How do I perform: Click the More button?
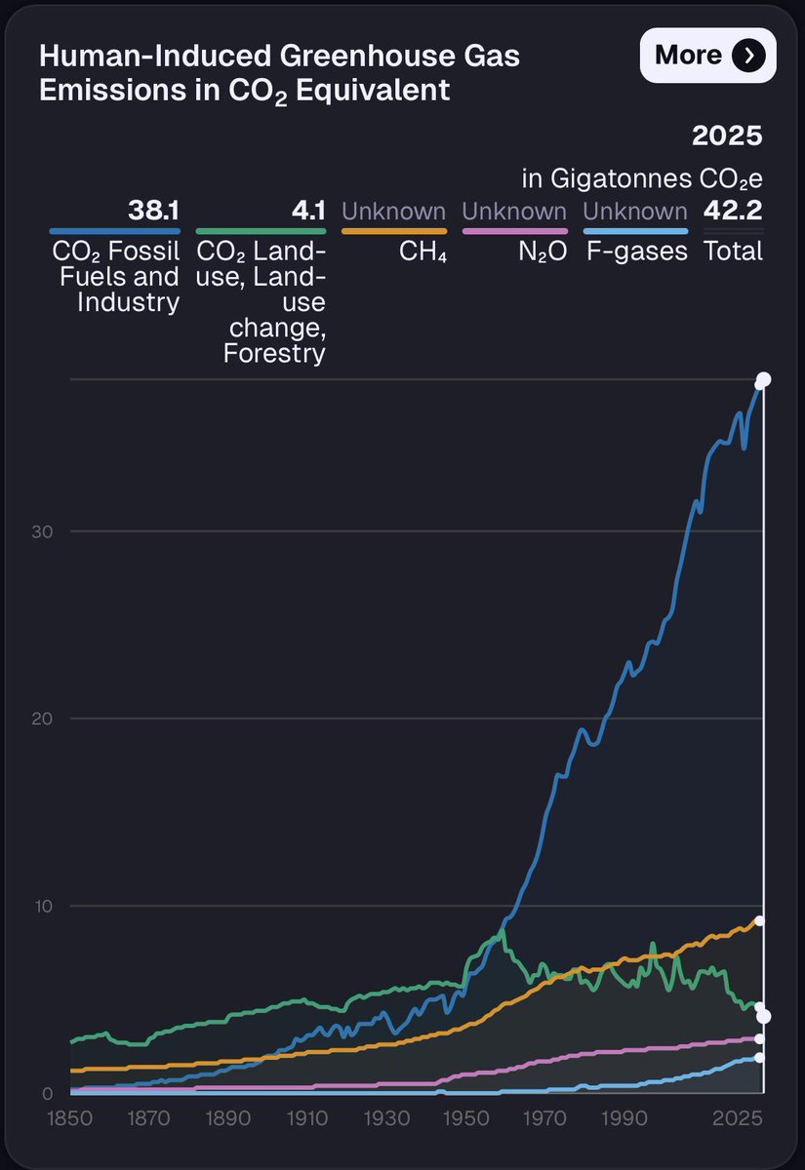coord(707,56)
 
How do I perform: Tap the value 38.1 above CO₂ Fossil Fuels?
coord(153,211)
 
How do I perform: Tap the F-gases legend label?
coord(636,252)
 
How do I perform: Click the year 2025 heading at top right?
coord(727,136)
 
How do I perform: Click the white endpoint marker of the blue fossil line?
coord(764,380)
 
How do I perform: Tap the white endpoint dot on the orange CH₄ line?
coord(760,920)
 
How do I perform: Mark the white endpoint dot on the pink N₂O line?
coord(760,1038)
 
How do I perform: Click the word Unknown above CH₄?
coord(394,211)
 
